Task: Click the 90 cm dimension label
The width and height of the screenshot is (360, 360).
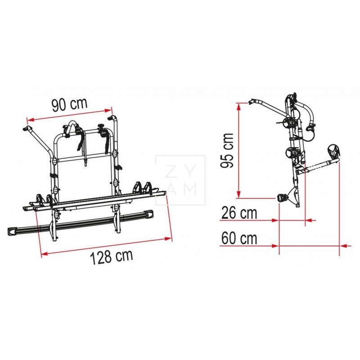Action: [x=70, y=105]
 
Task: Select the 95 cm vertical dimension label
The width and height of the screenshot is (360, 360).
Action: [x=227, y=150]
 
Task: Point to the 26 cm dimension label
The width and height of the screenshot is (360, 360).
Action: [x=239, y=213]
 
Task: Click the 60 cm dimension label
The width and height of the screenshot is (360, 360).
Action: [x=239, y=238]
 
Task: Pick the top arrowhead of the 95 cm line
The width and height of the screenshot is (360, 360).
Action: [x=239, y=107]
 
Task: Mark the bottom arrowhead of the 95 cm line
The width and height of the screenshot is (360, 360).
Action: [x=239, y=194]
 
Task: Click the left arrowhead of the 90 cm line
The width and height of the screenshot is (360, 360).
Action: [x=31, y=120]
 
